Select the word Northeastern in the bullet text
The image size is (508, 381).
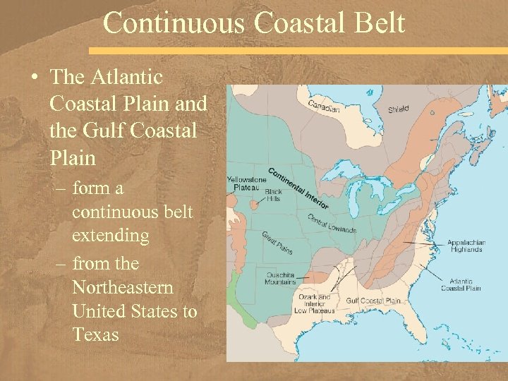[x=123, y=288]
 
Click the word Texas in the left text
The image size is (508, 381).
[x=96, y=334]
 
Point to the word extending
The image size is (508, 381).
[x=110, y=235]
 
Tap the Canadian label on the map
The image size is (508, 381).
[x=324, y=106]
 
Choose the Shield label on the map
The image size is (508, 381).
[x=398, y=109]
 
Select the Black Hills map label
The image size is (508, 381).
[x=273, y=195]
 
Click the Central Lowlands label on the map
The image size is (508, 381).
[x=332, y=224]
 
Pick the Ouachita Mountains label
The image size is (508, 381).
[x=281, y=279]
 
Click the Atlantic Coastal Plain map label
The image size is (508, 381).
[x=461, y=284]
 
